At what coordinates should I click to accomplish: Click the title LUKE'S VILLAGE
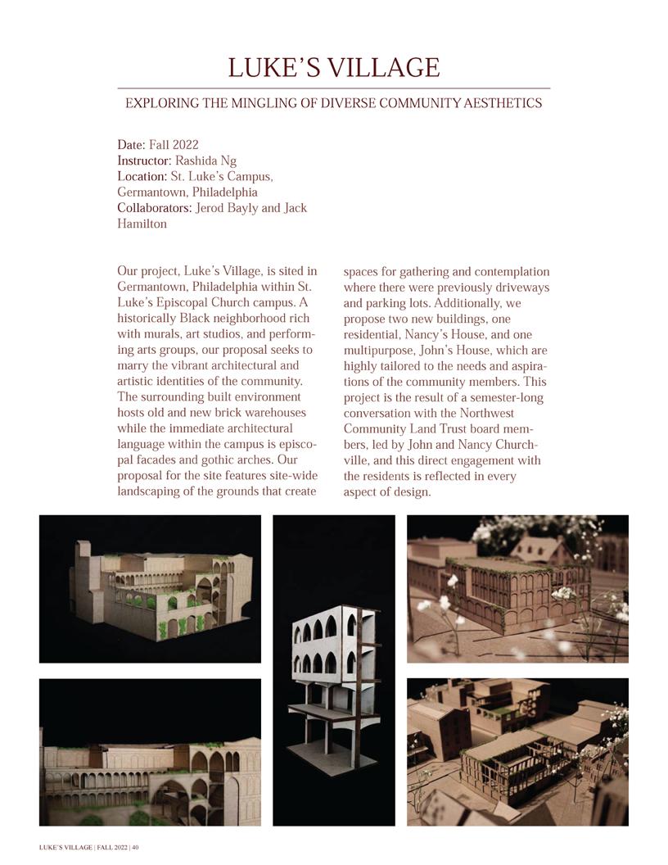tap(333, 67)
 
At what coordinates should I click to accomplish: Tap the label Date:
tap(131, 145)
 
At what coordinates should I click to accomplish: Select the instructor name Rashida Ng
tap(206, 161)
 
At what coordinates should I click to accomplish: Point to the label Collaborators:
tap(155, 207)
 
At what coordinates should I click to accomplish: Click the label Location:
tap(142, 176)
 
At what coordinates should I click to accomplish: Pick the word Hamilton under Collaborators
tap(142, 223)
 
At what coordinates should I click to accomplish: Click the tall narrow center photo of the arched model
tap(334, 670)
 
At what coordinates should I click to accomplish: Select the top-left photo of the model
tap(150, 588)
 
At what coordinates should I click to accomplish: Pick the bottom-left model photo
tap(150, 751)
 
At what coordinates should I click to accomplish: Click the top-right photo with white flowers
tap(517, 588)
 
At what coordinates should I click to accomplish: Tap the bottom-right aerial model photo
tap(517, 751)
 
